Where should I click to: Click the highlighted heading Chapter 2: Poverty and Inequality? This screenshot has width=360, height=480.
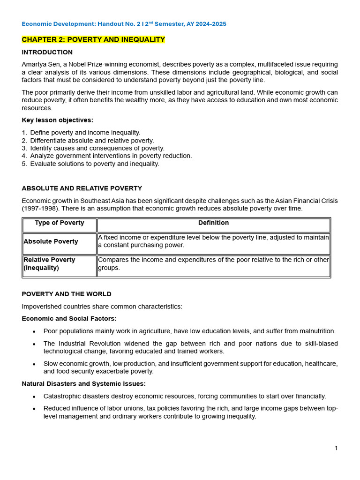point(93,39)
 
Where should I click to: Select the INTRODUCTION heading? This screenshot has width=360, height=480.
point(47,52)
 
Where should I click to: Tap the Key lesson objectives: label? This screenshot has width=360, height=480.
point(57,120)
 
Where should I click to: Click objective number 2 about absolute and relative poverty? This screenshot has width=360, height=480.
point(91,141)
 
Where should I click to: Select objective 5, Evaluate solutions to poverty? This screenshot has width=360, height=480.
point(94,164)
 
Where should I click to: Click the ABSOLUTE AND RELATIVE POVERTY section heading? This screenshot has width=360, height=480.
point(82,188)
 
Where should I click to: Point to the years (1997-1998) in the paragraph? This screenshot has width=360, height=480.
point(39,209)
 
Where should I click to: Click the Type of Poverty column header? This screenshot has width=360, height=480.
point(60,223)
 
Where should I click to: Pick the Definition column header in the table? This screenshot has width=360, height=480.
point(213,223)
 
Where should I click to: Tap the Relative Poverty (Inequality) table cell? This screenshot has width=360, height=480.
point(49,264)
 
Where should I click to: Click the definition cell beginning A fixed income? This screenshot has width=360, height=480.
point(213,241)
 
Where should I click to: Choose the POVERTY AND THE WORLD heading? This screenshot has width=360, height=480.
point(67,294)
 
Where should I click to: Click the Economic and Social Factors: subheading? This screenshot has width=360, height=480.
point(69,319)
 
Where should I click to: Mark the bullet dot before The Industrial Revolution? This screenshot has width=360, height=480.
point(34,344)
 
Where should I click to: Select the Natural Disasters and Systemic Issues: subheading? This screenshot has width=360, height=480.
point(83,383)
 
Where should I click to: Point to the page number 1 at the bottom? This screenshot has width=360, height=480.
point(336,448)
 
